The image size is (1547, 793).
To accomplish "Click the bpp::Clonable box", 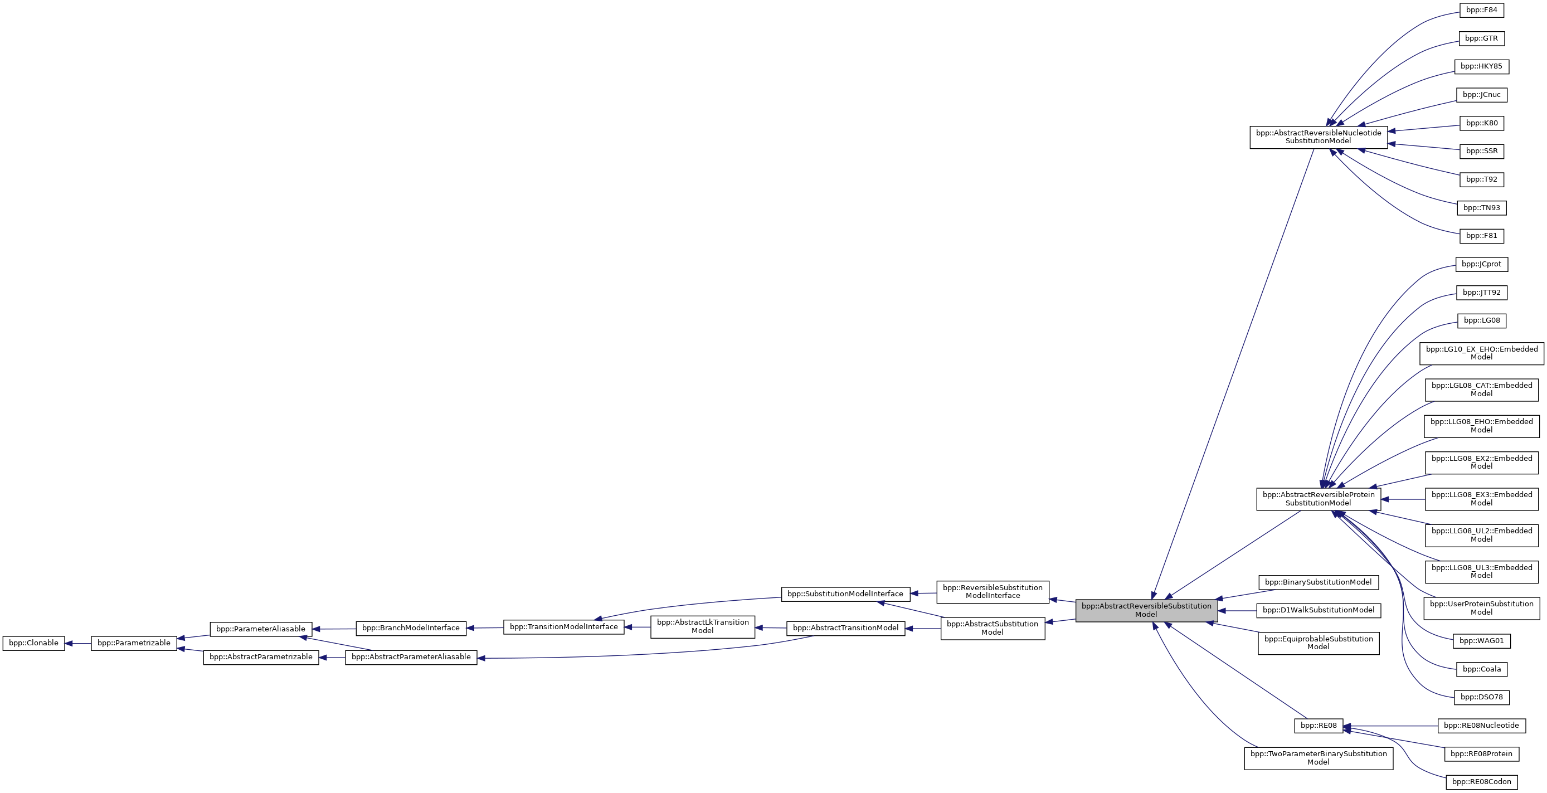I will coord(33,643).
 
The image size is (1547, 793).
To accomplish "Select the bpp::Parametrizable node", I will coord(134,643).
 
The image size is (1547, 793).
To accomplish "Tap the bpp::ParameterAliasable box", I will coord(261,629).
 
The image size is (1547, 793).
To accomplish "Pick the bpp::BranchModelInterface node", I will coord(411,628).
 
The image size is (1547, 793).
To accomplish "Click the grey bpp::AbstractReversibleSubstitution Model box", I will coord(1146,610).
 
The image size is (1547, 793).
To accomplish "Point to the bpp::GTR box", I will coord(1481,38).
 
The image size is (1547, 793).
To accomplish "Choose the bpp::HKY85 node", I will coord(1481,66).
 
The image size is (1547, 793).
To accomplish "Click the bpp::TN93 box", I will coord(1481,208).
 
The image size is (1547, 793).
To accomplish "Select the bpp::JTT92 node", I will coord(1481,293).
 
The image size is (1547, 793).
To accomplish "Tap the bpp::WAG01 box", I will coord(1481,641).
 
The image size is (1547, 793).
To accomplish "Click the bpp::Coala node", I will coord(1481,669).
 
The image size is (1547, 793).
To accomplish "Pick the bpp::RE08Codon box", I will coord(1481,782).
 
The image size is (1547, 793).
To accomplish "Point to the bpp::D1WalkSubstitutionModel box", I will coord(1318,610).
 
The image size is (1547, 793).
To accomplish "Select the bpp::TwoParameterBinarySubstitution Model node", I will coord(1318,757).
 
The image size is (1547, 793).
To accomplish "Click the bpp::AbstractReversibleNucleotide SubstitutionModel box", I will coord(1318,137).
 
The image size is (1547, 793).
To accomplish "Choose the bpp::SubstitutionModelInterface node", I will coord(845,594).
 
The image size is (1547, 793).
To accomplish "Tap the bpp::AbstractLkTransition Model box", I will coord(702,626).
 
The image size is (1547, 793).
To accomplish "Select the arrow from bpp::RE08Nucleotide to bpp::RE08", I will coord(1390,726).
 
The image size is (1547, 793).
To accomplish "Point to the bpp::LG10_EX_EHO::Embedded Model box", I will coord(1481,353).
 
